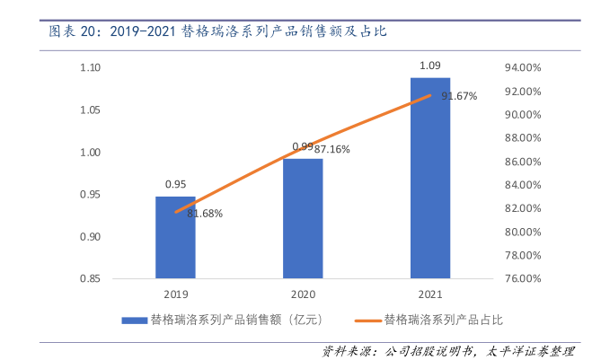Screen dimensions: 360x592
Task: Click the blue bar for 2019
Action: [175, 237]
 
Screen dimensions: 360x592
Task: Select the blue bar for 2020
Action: [303, 218]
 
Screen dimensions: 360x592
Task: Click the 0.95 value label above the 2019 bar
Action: [175, 184]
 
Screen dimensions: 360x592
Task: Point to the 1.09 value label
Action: [429, 66]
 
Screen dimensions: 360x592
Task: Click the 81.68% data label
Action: [205, 214]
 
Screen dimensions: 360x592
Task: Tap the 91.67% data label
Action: [459, 96]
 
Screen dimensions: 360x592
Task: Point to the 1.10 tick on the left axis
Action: [90, 68]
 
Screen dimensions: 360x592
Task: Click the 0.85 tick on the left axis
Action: [90, 278]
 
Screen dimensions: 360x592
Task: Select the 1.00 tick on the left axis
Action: [90, 153]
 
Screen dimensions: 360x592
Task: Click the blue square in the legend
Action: [135, 319]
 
